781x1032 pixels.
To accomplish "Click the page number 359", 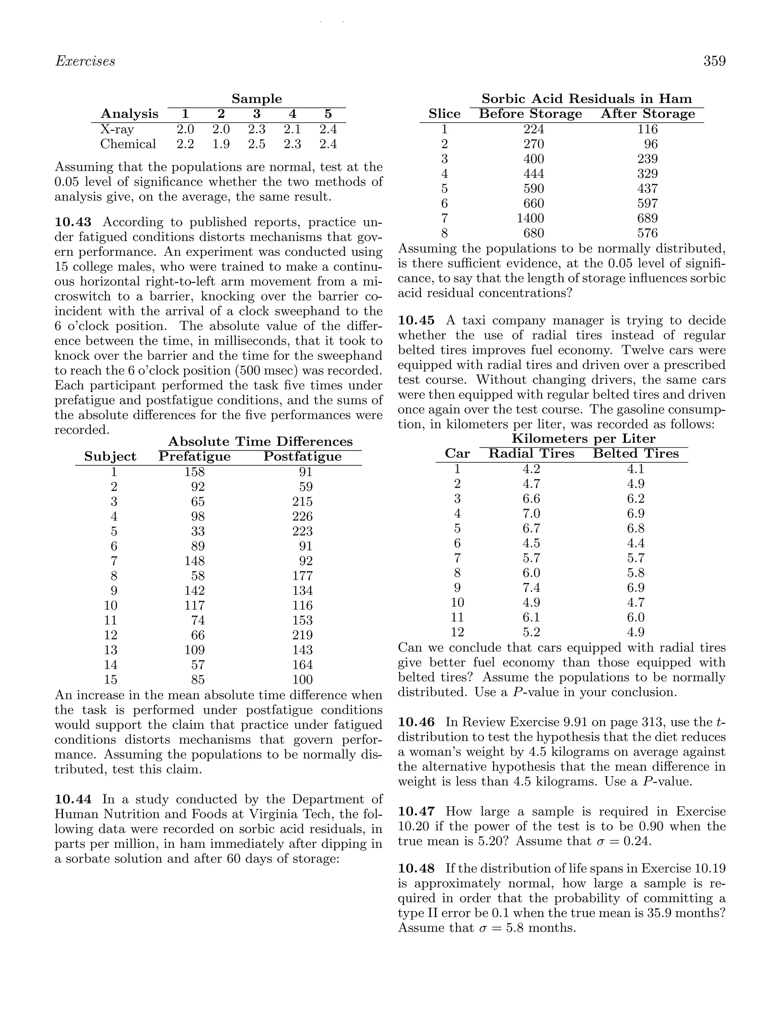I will click(x=714, y=61).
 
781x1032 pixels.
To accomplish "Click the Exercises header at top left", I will click(x=85, y=61).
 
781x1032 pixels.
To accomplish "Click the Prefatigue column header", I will click(x=194, y=456).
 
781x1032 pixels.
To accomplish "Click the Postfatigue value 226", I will click(x=302, y=516).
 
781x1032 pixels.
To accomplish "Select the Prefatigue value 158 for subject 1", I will click(x=194, y=472).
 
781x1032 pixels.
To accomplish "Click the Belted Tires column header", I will click(x=635, y=453).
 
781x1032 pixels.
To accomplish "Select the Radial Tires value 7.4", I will click(x=531, y=587).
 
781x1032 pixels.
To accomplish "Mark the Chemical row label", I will click(x=128, y=144).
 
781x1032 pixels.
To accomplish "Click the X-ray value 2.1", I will click(x=292, y=129).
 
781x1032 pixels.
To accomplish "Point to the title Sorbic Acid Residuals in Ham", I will click(x=587, y=99).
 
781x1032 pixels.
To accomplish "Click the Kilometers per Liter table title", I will click(x=583, y=439).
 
